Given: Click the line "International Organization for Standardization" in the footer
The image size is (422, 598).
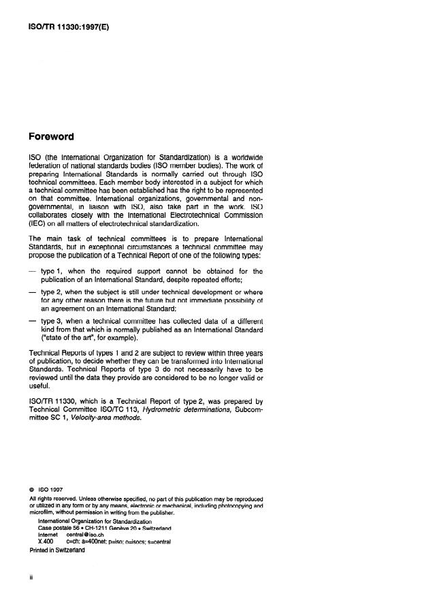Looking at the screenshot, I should [95, 521].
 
